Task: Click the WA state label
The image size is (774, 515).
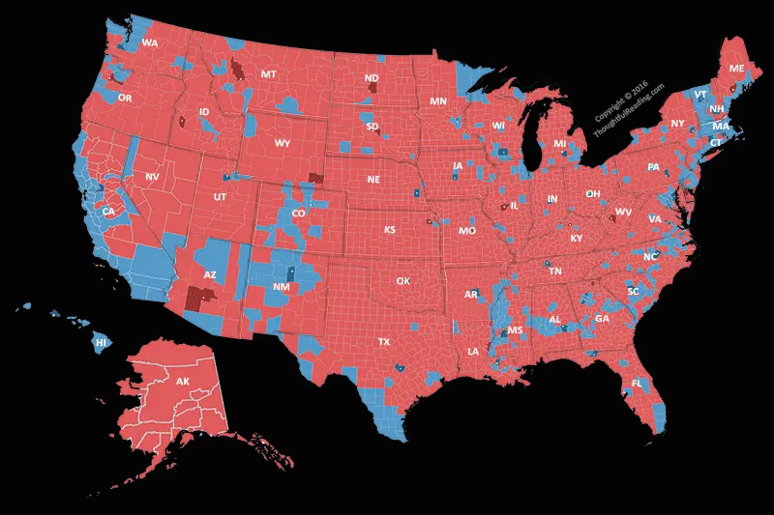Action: [x=149, y=43]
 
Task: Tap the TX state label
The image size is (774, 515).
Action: [x=384, y=342]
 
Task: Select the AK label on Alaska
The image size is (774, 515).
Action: [x=183, y=382]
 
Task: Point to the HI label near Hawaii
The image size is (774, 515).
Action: [x=101, y=342]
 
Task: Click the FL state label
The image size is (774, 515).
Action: [x=637, y=384]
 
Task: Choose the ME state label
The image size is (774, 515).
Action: [x=736, y=69]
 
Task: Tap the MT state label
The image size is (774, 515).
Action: [x=269, y=74]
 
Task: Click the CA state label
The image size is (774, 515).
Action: [x=108, y=212]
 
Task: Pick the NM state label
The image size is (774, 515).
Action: [x=281, y=288]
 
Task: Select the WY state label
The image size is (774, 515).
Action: [x=283, y=144]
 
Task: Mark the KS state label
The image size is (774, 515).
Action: [x=389, y=230]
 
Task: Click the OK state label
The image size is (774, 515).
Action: [x=403, y=281]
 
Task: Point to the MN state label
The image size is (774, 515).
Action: [x=438, y=101]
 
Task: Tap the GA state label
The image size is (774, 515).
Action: [x=602, y=319]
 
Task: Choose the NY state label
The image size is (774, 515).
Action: [x=677, y=124]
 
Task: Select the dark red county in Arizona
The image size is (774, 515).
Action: [x=200, y=300]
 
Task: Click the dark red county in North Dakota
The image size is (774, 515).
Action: [x=372, y=90]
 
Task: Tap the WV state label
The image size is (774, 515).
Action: [x=623, y=212]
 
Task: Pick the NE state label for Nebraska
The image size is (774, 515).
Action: [x=373, y=180]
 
